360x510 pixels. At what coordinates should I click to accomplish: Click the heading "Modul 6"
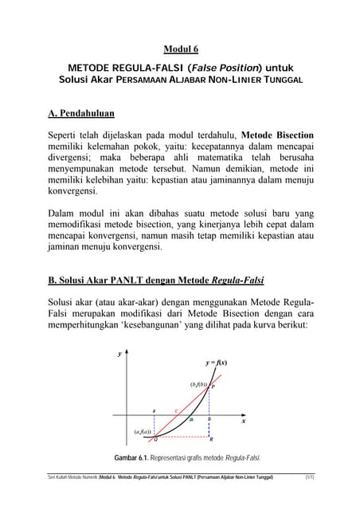coord(181,49)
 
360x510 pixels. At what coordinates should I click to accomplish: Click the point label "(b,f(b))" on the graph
coord(198,384)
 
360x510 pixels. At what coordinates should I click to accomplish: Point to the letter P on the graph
coord(213,387)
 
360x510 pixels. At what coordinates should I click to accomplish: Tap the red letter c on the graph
coord(176,410)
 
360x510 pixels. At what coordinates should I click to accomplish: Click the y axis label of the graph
coord(119,354)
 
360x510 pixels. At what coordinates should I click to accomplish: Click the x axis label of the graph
coord(243,422)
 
